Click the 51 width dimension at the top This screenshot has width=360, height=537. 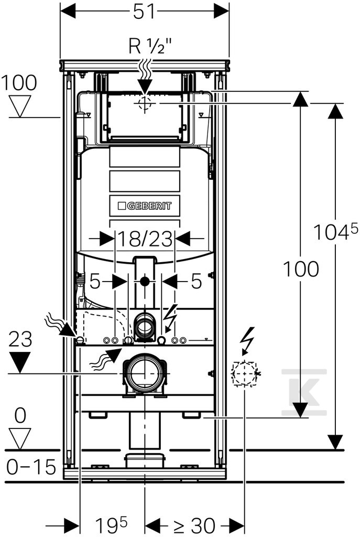pyautogui.click(x=144, y=12)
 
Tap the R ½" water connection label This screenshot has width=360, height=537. pyautogui.click(x=150, y=46)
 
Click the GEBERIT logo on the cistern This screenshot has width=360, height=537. pyautogui.click(x=144, y=206)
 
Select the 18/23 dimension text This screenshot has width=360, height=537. pyautogui.click(x=145, y=239)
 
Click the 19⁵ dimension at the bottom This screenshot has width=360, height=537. pyautogui.click(x=111, y=525)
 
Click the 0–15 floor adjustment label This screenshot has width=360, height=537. pyautogui.click(x=31, y=467)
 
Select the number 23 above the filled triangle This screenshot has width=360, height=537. pyautogui.click(x=20, y=339)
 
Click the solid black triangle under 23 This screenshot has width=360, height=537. pyautogui.click(x=20, y=363)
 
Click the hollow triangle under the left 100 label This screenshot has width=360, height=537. pyautogui.click(x=20, y=106)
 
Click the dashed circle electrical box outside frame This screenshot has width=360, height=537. pyautogui.click(x=245, y=374)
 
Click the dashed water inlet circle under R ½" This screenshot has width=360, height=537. pyautogui.click(x=145, y=103)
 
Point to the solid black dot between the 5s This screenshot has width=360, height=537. pyautogui.click(x=145, y=282)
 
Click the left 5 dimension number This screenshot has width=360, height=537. pyautogui.click(x=95, y=282)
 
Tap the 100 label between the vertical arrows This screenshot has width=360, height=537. pyautogui.click(x=301, y=269)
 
